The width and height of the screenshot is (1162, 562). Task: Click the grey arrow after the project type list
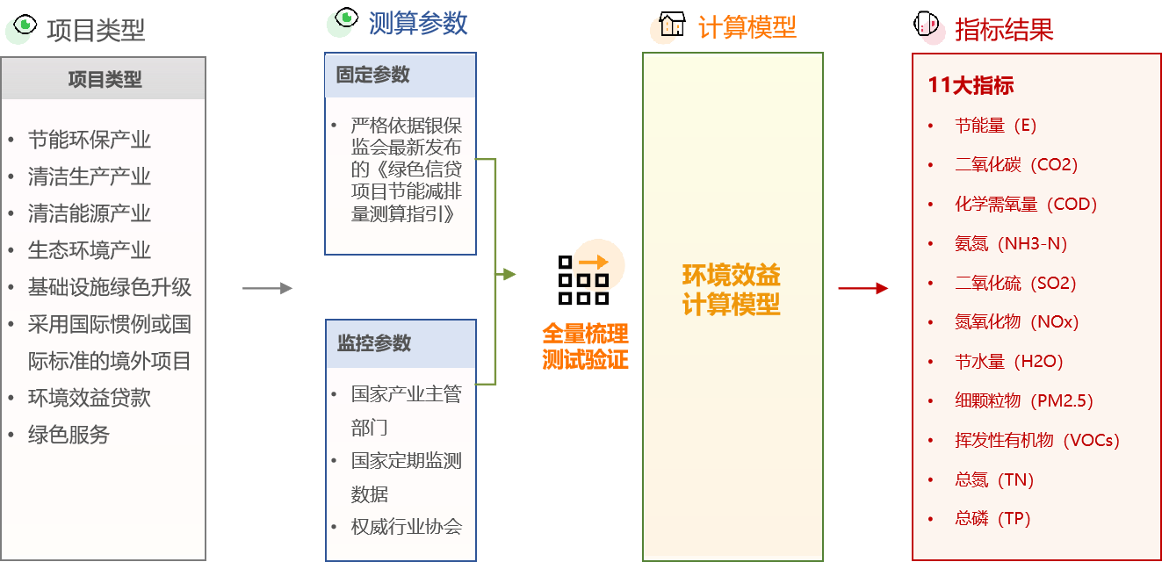coord(267,288)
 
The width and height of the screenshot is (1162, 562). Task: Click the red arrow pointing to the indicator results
coord(863,288)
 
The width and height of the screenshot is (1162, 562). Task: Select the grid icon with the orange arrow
coord(583,279)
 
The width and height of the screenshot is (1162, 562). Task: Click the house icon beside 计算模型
coord(672,24)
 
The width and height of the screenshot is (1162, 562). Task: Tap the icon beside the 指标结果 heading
coord(926,24)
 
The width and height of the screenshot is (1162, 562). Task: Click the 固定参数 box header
coord(401,76)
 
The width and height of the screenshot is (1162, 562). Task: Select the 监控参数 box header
coord(401,343)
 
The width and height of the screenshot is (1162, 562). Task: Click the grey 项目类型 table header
coord(104,79)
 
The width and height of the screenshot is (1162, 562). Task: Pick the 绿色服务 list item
coord(69,435)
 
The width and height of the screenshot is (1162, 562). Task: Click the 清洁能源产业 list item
coord(89,213)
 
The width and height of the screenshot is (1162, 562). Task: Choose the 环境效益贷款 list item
coord(89,398)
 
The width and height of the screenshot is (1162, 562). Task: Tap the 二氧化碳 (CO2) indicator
coord(1016,164)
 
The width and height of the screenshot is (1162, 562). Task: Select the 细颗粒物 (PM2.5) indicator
coord(1024,400)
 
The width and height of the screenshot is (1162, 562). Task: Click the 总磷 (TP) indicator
coord(992,518)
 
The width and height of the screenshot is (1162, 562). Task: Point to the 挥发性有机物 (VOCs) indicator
coord(1037,440)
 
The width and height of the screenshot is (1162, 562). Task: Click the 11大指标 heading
coord(971,85)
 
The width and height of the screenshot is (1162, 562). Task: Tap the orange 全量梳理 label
coord(585,334)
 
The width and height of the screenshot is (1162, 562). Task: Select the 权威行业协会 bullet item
coord(406,526)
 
